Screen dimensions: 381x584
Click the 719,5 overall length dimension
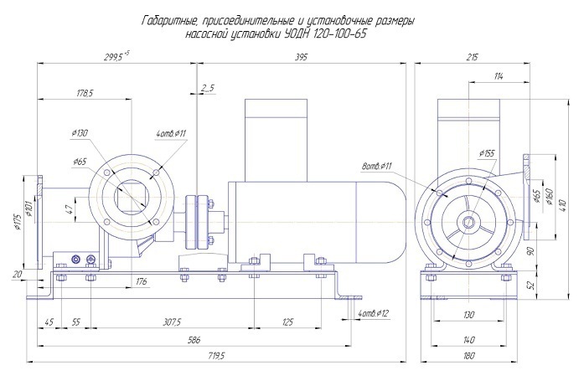(216, 356)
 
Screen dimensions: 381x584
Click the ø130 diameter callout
(80, 135)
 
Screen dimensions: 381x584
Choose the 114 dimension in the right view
(499, 77)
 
